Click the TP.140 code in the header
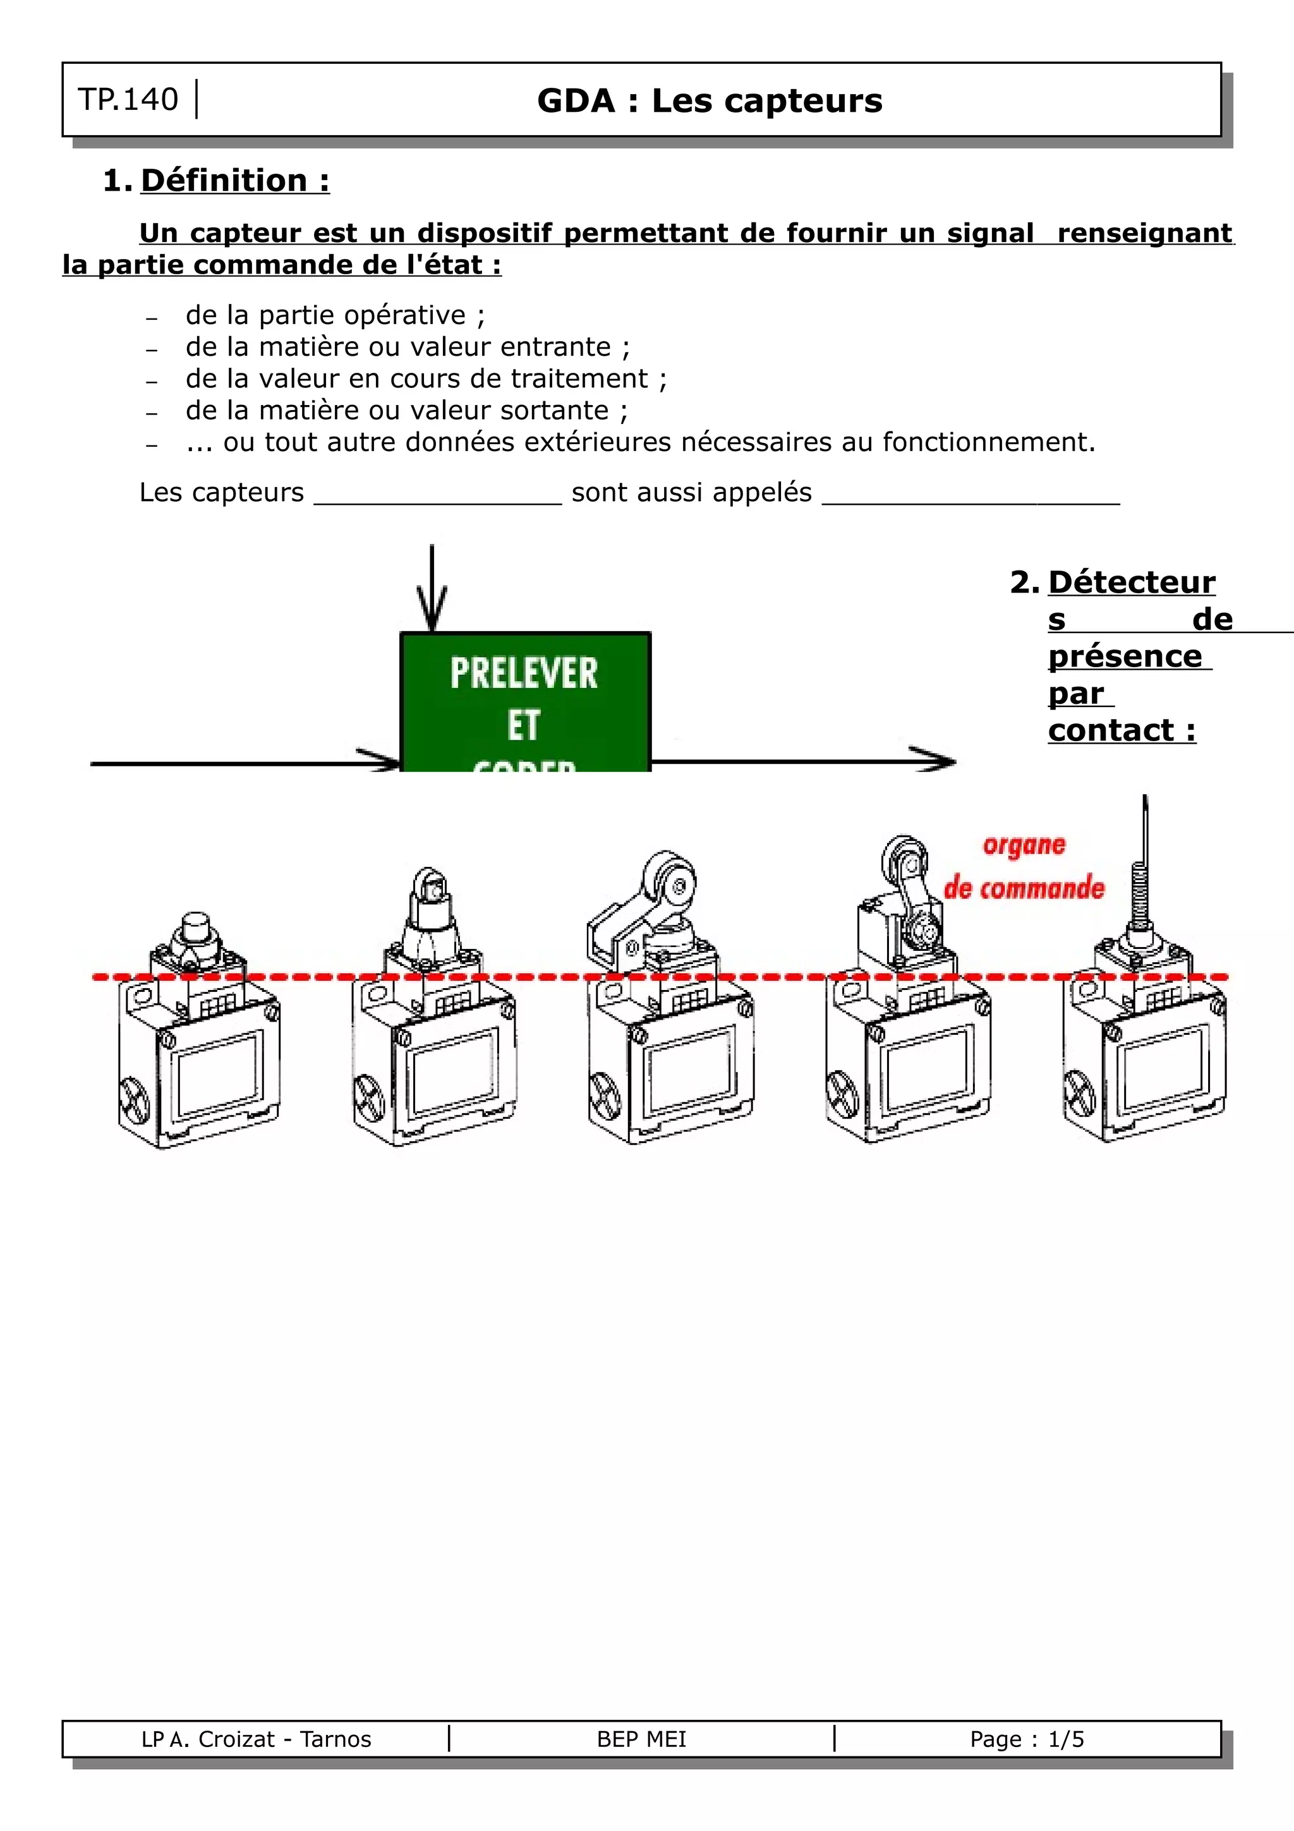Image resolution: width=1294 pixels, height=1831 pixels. (x=128, y=100)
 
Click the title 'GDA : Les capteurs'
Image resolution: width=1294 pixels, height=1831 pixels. (x=710, y=101)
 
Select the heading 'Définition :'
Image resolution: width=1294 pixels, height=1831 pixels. (x=234, y=181)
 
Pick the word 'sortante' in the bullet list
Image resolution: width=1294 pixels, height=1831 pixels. (x=554, y=411)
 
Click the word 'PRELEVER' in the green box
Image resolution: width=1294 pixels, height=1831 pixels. (x=524, y=673)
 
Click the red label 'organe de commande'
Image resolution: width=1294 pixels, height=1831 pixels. (x=1024, y=867)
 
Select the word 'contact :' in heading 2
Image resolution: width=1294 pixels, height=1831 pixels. (x=1122, y=730)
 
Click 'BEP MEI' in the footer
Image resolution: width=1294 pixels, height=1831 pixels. (x=641, y=1739)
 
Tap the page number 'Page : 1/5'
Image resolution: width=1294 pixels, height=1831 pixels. (x=1027, y=1739)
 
